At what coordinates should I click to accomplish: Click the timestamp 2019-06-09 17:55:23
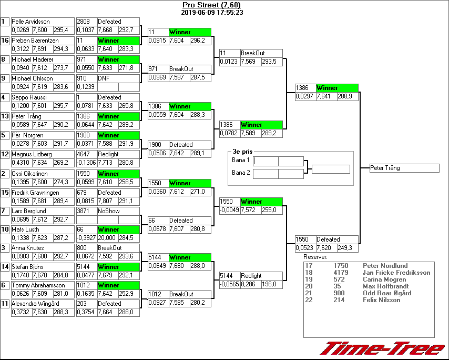[x=211, y=12]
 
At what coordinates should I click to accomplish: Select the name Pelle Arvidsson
[x=31, y=22]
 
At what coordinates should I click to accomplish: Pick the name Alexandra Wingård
[x=35, y=304]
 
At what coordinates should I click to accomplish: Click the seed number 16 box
[x=5, y=41]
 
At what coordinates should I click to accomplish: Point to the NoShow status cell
[x=109, y=211]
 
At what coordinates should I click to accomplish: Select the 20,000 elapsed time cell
[x=107, y=237]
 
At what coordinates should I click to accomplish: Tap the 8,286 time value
[x=249, y=284]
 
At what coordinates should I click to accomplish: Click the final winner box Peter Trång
[x=404, y=168]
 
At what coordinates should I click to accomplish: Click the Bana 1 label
[x=241, y=160]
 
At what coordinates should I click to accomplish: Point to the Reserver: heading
[x=315, y=257]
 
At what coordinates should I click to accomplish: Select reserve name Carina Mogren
[x=384, y=279]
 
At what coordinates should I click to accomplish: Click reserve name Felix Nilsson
[x=382, y=300]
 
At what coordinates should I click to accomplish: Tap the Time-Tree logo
[x=382, y=348]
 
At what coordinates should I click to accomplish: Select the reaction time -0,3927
[x=86, y=237]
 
